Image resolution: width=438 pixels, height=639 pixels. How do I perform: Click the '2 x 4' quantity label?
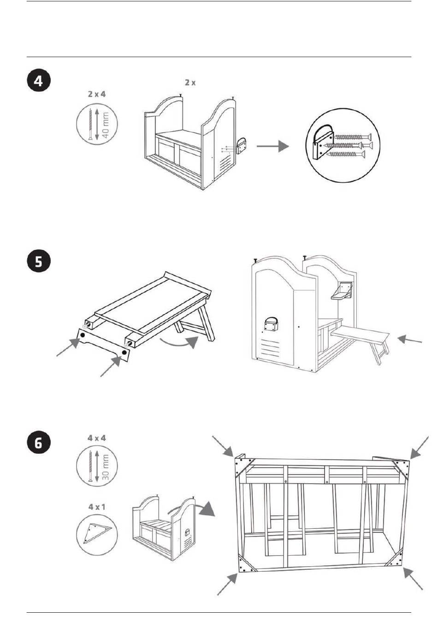pos(97,94)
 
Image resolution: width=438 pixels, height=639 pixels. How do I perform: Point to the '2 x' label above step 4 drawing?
pos(190,82)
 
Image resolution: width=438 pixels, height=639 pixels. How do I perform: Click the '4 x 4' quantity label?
pos(97,438)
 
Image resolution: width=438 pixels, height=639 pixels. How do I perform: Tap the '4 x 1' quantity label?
pos(97,506)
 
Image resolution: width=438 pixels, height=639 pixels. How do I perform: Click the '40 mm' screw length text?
pos(106,124)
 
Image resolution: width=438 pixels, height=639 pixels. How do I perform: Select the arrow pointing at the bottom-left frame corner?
pos(227,584)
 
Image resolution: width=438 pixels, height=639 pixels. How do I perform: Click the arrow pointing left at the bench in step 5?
pos(410,340)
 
